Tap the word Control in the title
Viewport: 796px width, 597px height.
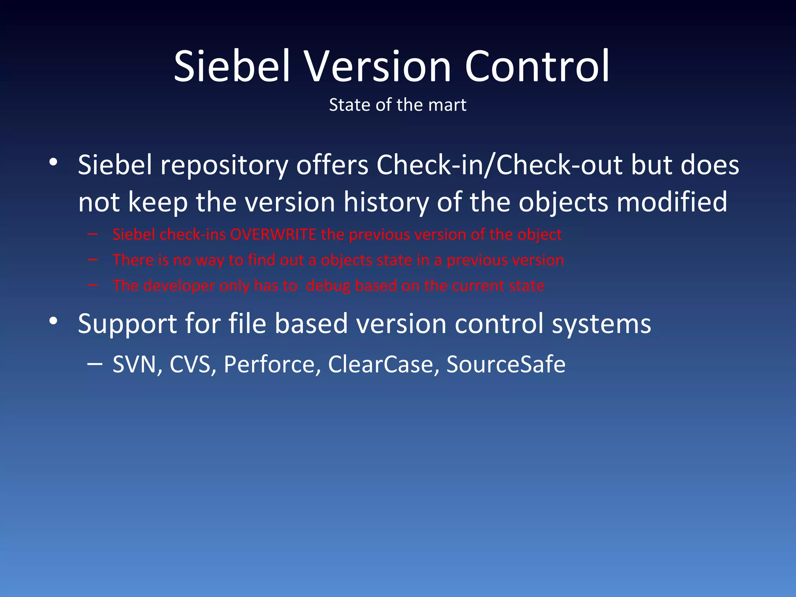(537, 67)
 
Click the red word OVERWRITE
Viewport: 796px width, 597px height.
(273, 235)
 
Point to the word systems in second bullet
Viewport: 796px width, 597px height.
(601, 325)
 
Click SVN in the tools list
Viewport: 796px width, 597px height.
(134, 365)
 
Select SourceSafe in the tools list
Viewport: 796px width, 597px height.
(506, 365)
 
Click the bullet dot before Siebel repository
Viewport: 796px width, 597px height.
(54, 162)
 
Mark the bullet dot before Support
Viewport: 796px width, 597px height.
(54, 321)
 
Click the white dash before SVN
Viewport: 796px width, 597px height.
(95, 364)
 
